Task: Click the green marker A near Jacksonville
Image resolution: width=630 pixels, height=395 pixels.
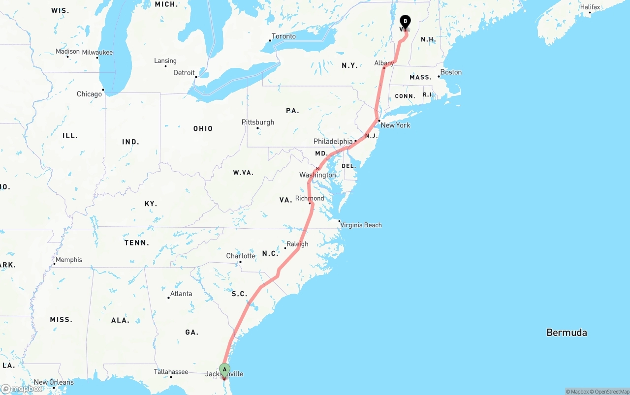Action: (224, 369)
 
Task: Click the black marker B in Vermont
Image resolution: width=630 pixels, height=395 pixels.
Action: (405, 21)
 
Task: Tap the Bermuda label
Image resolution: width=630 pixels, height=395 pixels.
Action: (567, 333)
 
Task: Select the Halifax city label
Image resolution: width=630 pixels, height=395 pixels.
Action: (590, 7)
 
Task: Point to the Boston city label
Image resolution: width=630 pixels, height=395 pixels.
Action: (451, 72)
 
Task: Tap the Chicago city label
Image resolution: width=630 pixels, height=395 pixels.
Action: (89, 94)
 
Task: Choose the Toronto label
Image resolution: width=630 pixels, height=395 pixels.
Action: (283, 36)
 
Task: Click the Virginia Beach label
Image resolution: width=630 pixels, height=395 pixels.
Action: (361, 225)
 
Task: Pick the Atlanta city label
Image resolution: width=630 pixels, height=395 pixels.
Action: (181, 294)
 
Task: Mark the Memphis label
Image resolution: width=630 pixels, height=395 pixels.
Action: (69, 260)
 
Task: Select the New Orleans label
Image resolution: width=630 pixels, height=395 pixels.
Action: (54, 382)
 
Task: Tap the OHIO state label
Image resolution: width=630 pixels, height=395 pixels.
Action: (203, 129)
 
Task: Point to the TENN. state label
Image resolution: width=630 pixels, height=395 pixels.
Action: (136, 243)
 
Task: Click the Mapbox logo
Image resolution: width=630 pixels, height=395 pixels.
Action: (22, 389)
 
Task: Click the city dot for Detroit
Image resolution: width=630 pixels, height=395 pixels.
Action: (196, 77)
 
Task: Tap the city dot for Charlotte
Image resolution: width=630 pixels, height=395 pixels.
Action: (240, 262)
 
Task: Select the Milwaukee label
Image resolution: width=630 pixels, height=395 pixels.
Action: (97, 53)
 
